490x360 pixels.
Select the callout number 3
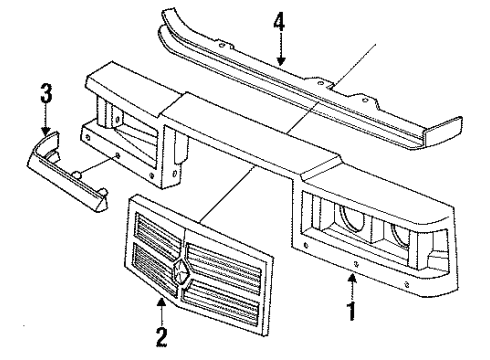coord(42,96)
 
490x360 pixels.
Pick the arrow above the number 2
coord(158,311)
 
